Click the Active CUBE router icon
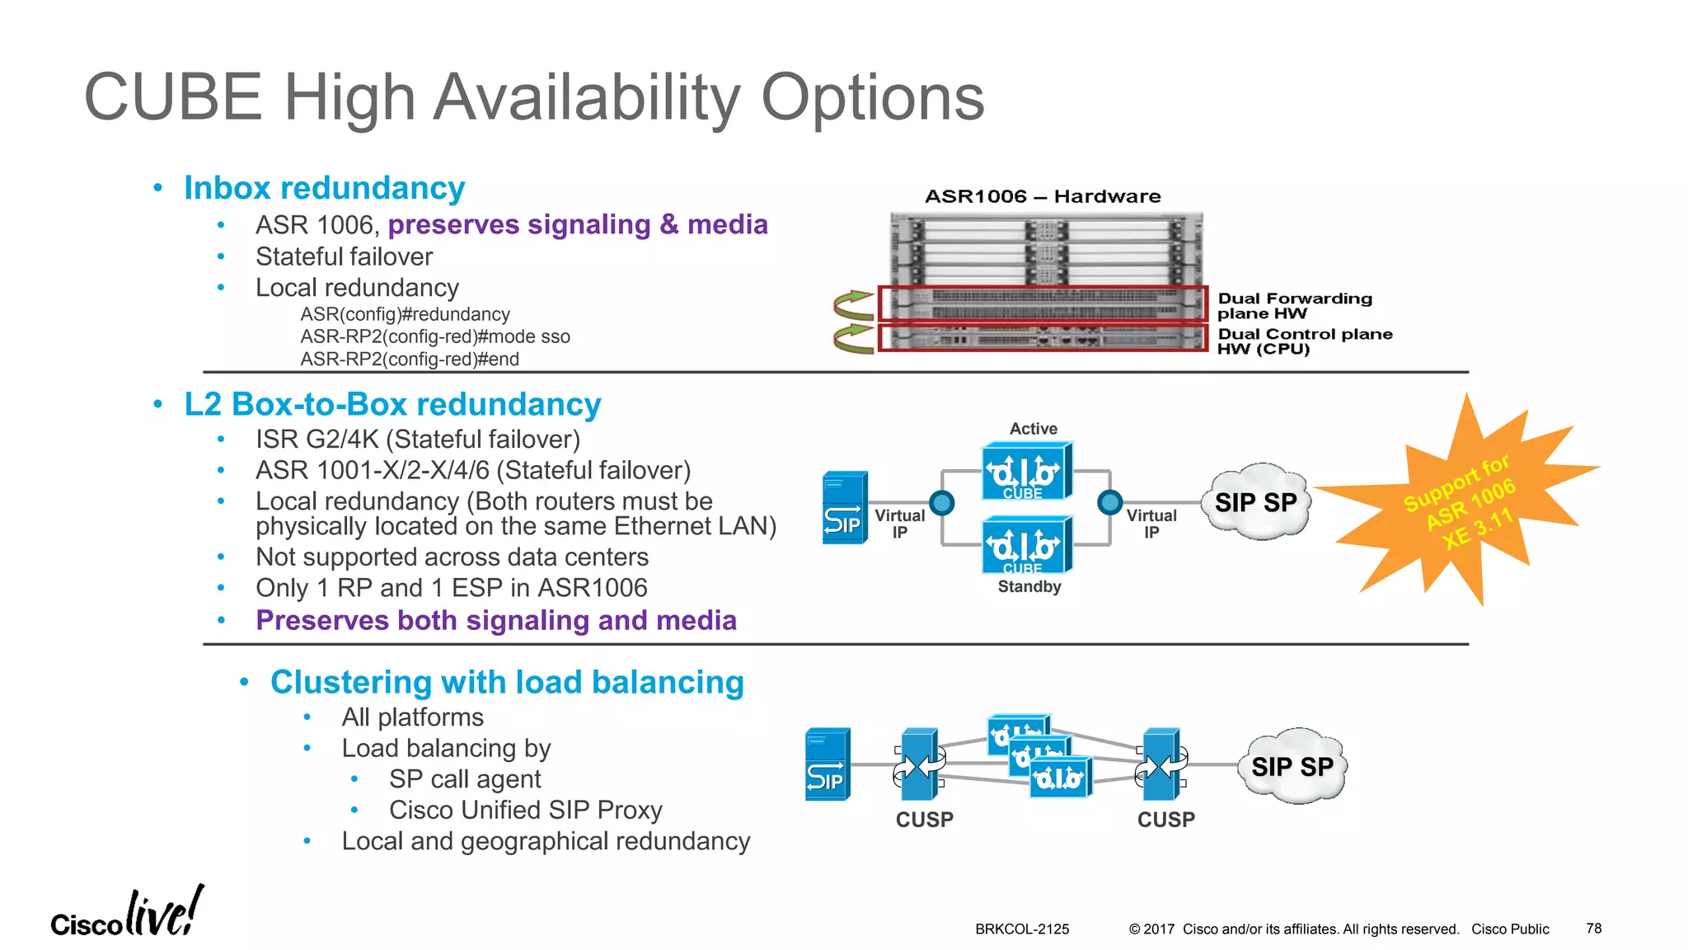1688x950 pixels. click(1026, 472)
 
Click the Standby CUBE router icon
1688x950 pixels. click(1026, 545)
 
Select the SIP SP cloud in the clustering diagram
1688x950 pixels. click(1292, 766)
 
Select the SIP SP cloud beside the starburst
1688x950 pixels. click(1256, 502)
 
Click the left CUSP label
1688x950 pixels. click(924, 820)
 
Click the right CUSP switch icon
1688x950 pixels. click(1161, 765)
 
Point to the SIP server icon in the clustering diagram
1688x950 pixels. click(827, 764)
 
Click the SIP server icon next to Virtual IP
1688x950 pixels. click(845, 508)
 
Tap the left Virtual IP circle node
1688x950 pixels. click(941, 502)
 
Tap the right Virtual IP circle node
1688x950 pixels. click(1110, 502)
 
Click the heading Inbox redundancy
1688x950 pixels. click(324, 188)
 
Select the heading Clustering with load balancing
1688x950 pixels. click(506, 682)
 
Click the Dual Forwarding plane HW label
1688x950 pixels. click(1294, 306)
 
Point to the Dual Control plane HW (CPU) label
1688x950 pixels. click(1304, 341)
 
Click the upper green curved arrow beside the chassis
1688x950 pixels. click(853, 305)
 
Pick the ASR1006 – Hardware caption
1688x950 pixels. click(1043, 196)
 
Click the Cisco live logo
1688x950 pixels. click(128, 913)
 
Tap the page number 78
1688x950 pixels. click(1593, 929)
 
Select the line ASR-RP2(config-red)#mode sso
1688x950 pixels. click(434, 336)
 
